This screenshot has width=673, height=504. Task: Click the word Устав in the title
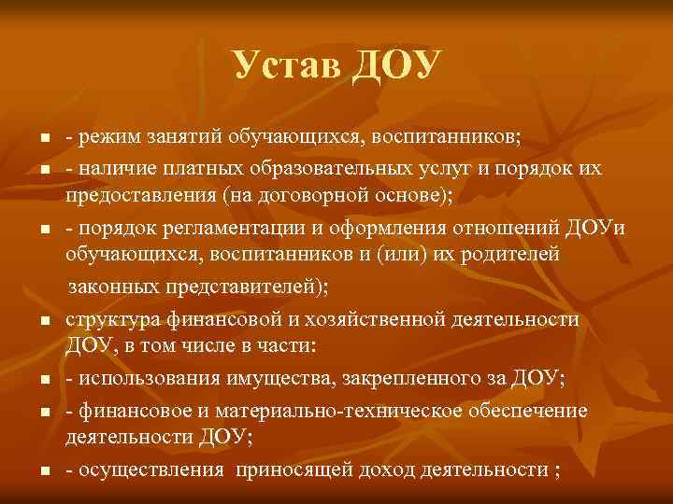click(286, 65)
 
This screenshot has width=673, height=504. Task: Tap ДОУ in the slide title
click(395, 65)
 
